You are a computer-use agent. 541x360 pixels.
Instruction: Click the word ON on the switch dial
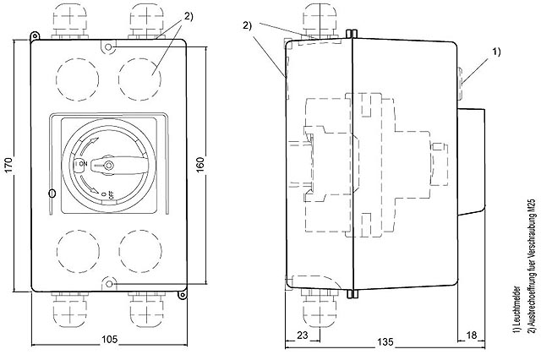[83, 162]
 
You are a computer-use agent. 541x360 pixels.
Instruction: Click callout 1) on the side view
[495, 52]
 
